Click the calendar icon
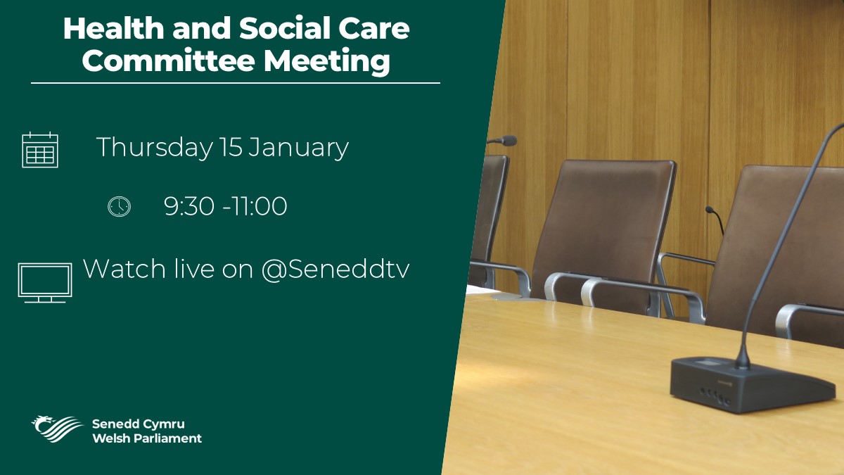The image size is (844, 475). [x=40, y=150]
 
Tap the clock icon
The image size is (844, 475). [x=119, y=206]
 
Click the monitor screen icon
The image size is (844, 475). [x=44, y=282]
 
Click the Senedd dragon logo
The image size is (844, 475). [x=57, y=427]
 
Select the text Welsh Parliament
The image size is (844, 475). [x=146, y=438]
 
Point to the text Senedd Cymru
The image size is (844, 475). [x=138, y=424]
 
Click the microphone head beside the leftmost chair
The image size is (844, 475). [x=508, y=141]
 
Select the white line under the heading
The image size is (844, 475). [x=236, y=83]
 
